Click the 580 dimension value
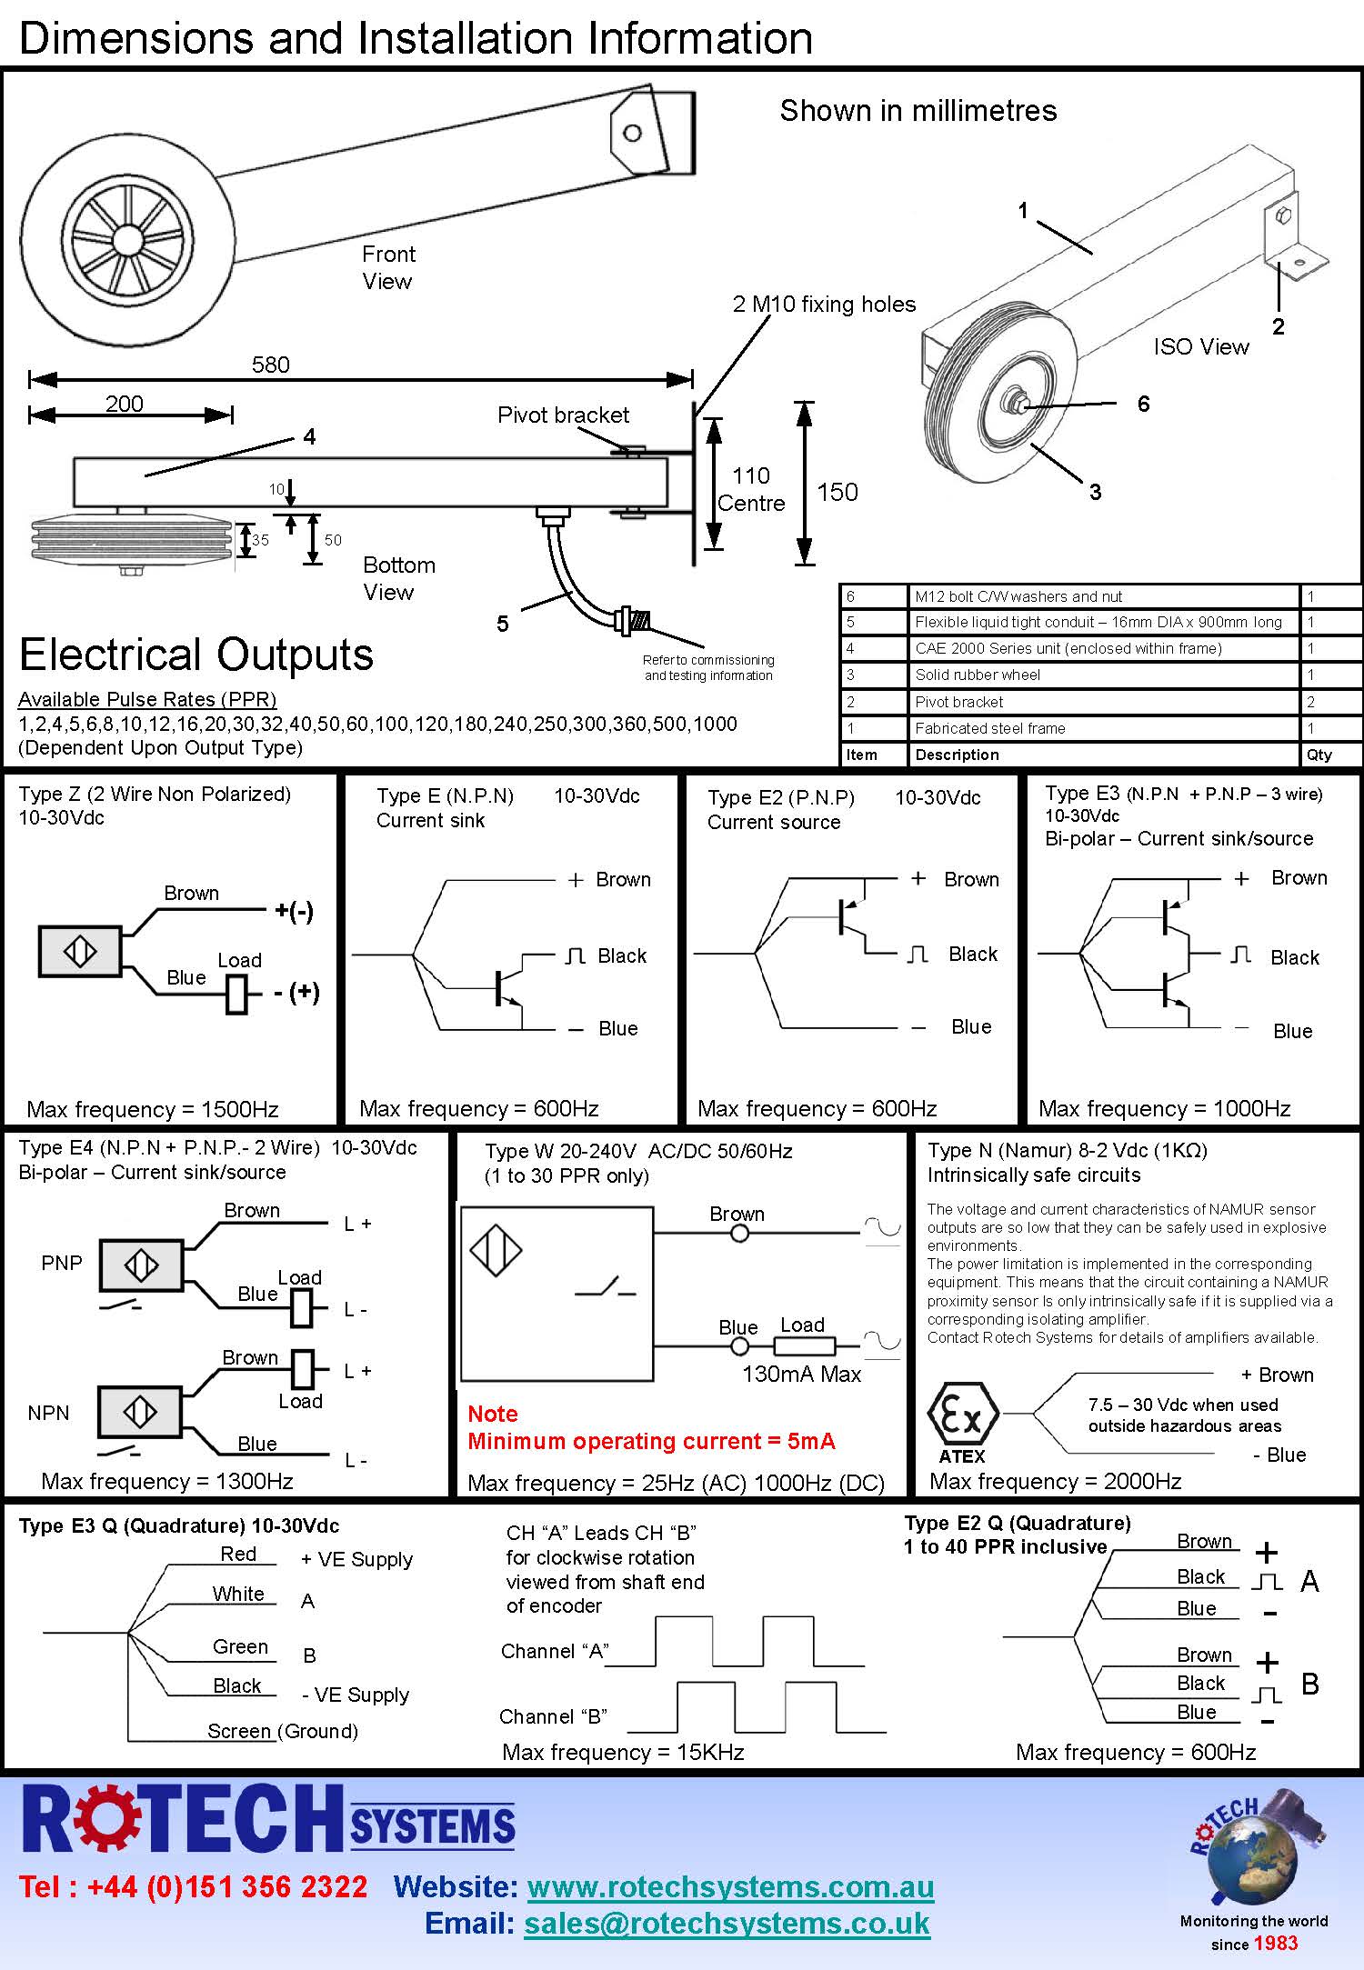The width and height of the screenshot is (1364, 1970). point(270,365)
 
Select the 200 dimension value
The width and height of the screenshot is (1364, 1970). point(124,404)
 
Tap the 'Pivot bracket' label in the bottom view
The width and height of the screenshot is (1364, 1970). point(563,415)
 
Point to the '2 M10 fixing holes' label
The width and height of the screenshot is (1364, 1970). point(824,305)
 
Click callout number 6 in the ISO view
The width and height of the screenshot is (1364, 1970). point(1143,404)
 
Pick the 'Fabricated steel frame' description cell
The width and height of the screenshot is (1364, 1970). point(989,728)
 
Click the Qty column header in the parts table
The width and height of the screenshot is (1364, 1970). point(1319,755)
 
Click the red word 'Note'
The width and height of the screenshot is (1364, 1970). point(492,1414)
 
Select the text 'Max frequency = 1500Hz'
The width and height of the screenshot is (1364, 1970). point(153,1109)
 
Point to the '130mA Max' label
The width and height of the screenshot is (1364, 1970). point(801,1374)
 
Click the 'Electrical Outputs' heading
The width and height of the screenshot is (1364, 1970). point(196,655)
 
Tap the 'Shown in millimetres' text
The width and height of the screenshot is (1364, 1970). point(918,111)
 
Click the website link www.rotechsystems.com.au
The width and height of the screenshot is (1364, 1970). point(730,1886)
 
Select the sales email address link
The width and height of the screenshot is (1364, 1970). point(727,1923)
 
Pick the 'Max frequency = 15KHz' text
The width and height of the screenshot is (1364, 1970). point(623,1752)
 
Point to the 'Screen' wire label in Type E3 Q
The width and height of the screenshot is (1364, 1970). point(239,1731)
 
